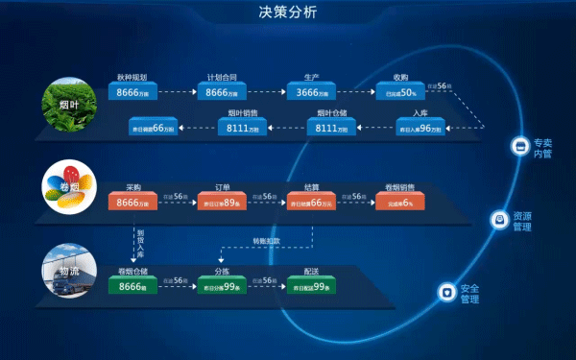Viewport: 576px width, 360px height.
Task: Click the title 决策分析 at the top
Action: pos(287,12)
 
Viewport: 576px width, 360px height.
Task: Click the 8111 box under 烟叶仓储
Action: pos(332,128)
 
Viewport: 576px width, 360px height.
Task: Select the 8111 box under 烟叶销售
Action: pos(244,128)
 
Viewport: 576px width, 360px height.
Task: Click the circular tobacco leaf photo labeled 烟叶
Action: pos(65,101)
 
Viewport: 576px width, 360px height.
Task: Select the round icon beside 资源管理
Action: pos(499,220)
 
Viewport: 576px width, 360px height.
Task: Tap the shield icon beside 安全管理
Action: pos(446,292)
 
